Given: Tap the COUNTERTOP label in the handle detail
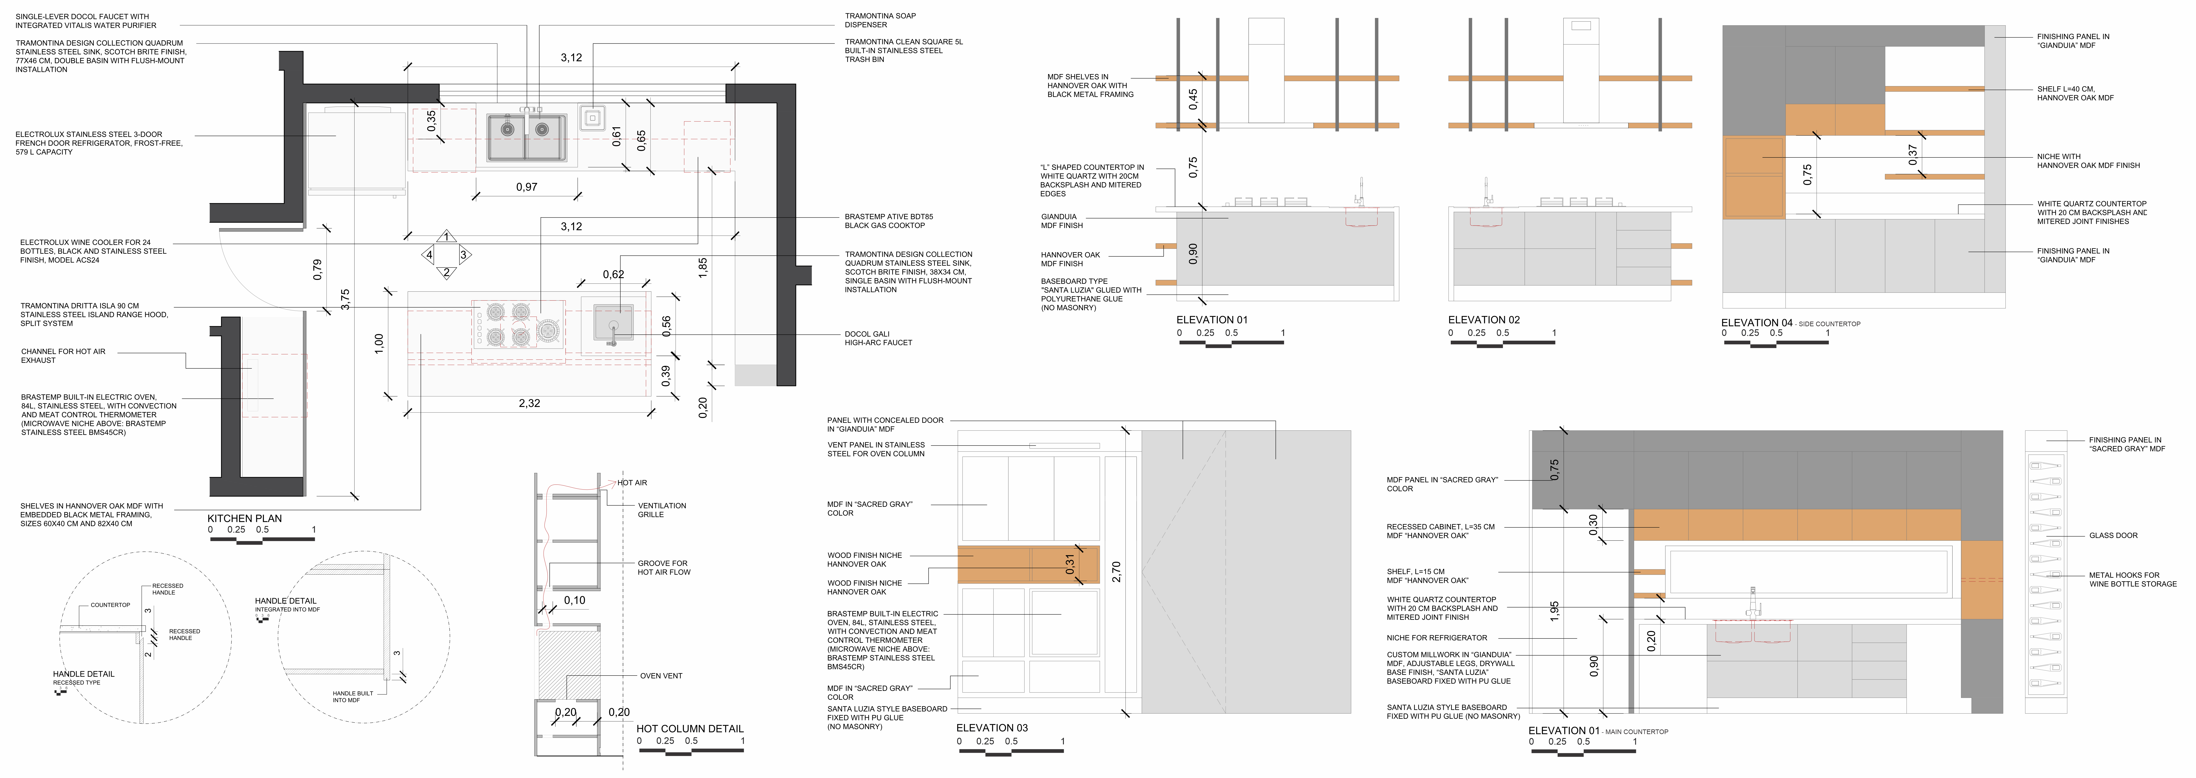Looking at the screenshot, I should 110,605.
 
